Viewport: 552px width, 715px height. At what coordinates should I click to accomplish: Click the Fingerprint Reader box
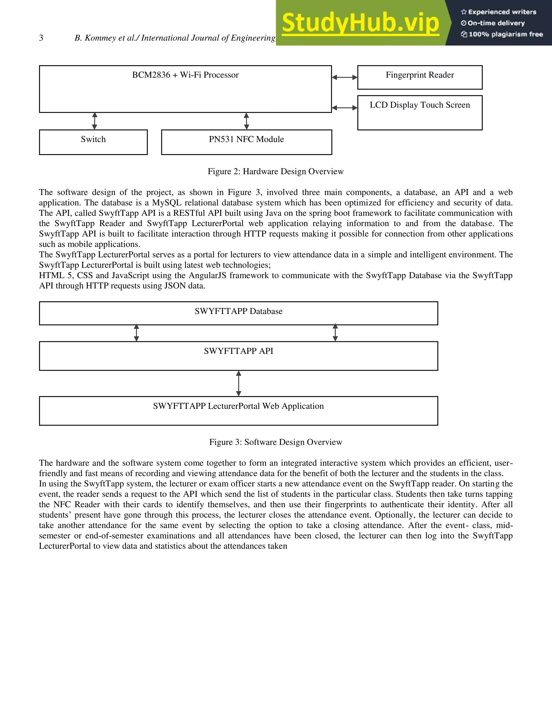(x=420, y=77)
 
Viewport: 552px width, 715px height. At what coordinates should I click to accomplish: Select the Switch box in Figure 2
(x=93, y=142)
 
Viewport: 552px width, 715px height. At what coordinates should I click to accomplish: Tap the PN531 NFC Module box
(x=246, y=142)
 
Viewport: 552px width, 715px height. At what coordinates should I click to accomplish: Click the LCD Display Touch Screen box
(x=420, y=113)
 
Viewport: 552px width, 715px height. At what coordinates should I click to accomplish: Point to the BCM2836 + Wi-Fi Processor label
(x=185, y=75)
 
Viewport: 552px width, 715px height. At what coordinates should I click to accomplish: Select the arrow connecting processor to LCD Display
(x=344, y=108)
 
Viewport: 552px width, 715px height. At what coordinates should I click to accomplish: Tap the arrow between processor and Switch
(x=95, y=121)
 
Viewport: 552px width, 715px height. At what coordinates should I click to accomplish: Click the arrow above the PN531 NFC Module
(x=247, y=121)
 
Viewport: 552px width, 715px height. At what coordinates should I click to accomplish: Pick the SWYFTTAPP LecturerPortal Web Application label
(x=238, y=406)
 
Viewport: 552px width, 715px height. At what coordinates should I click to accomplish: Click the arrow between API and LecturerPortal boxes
(x=239, y=383)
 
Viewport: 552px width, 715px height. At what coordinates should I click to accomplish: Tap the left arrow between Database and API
(x=136, y=333)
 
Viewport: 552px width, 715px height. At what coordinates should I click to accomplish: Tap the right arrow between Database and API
(x=335, y=333)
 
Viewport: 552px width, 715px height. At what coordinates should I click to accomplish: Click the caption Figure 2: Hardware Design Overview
(x=276, y=172)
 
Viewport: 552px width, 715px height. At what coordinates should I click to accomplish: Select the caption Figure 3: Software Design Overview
(x=276, y=442)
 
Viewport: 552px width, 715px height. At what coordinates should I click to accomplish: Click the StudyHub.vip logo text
(x=360, y=23)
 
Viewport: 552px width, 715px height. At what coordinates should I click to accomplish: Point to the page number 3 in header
(x=41, y=38)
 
